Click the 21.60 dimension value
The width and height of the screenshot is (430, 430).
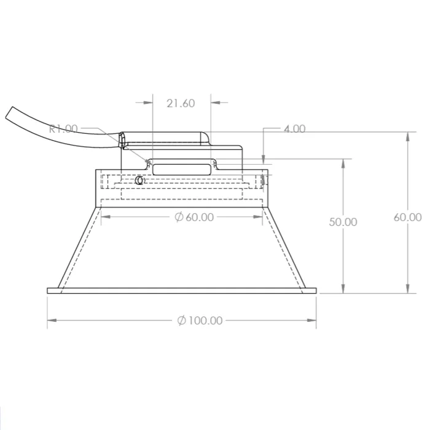(x=181, y=103)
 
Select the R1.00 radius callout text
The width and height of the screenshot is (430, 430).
(x=63, y=128)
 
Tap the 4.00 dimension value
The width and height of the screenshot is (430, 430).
(x=294, y=129)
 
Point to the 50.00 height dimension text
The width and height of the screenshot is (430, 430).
(x=343, y=222)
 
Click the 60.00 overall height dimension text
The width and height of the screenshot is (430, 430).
(x=408, y=217)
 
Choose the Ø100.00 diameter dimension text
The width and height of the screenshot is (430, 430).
(x=200, y=320)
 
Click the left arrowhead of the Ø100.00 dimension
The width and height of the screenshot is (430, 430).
(x=52, y=320)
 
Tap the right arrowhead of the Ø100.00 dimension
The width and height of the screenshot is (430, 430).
(x=313, y=320)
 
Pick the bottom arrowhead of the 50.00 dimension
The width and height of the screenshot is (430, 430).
(x=343, y=289)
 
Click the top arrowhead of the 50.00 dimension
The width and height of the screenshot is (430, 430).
(x=343, y=163)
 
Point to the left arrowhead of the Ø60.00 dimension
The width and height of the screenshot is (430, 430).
(x=105, y=217)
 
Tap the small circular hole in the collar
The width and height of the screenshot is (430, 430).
(x=139, y=181)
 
